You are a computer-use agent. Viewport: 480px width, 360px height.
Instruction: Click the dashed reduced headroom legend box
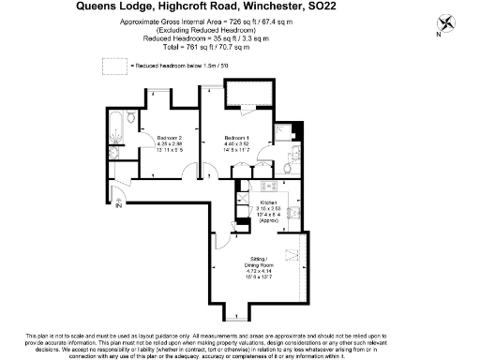(x=114, y=65)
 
